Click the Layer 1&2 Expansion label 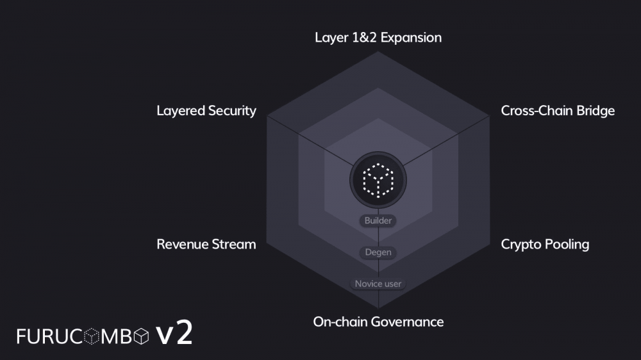click(378, 37)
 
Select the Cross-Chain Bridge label click(558, 111)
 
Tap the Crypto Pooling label click(545, 244)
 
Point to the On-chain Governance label click(378, 322)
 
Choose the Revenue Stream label click(206, 244)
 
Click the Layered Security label click(206, 111)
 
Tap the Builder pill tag click(378, 221)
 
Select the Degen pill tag click(378, 252)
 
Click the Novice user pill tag click(378, 284)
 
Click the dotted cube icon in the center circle click(378, 180)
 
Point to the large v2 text click(174, 334)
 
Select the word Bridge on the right click(594, 111)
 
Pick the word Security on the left click(231, 111)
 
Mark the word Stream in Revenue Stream click(235, 244)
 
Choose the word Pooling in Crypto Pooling click(567, 244)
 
